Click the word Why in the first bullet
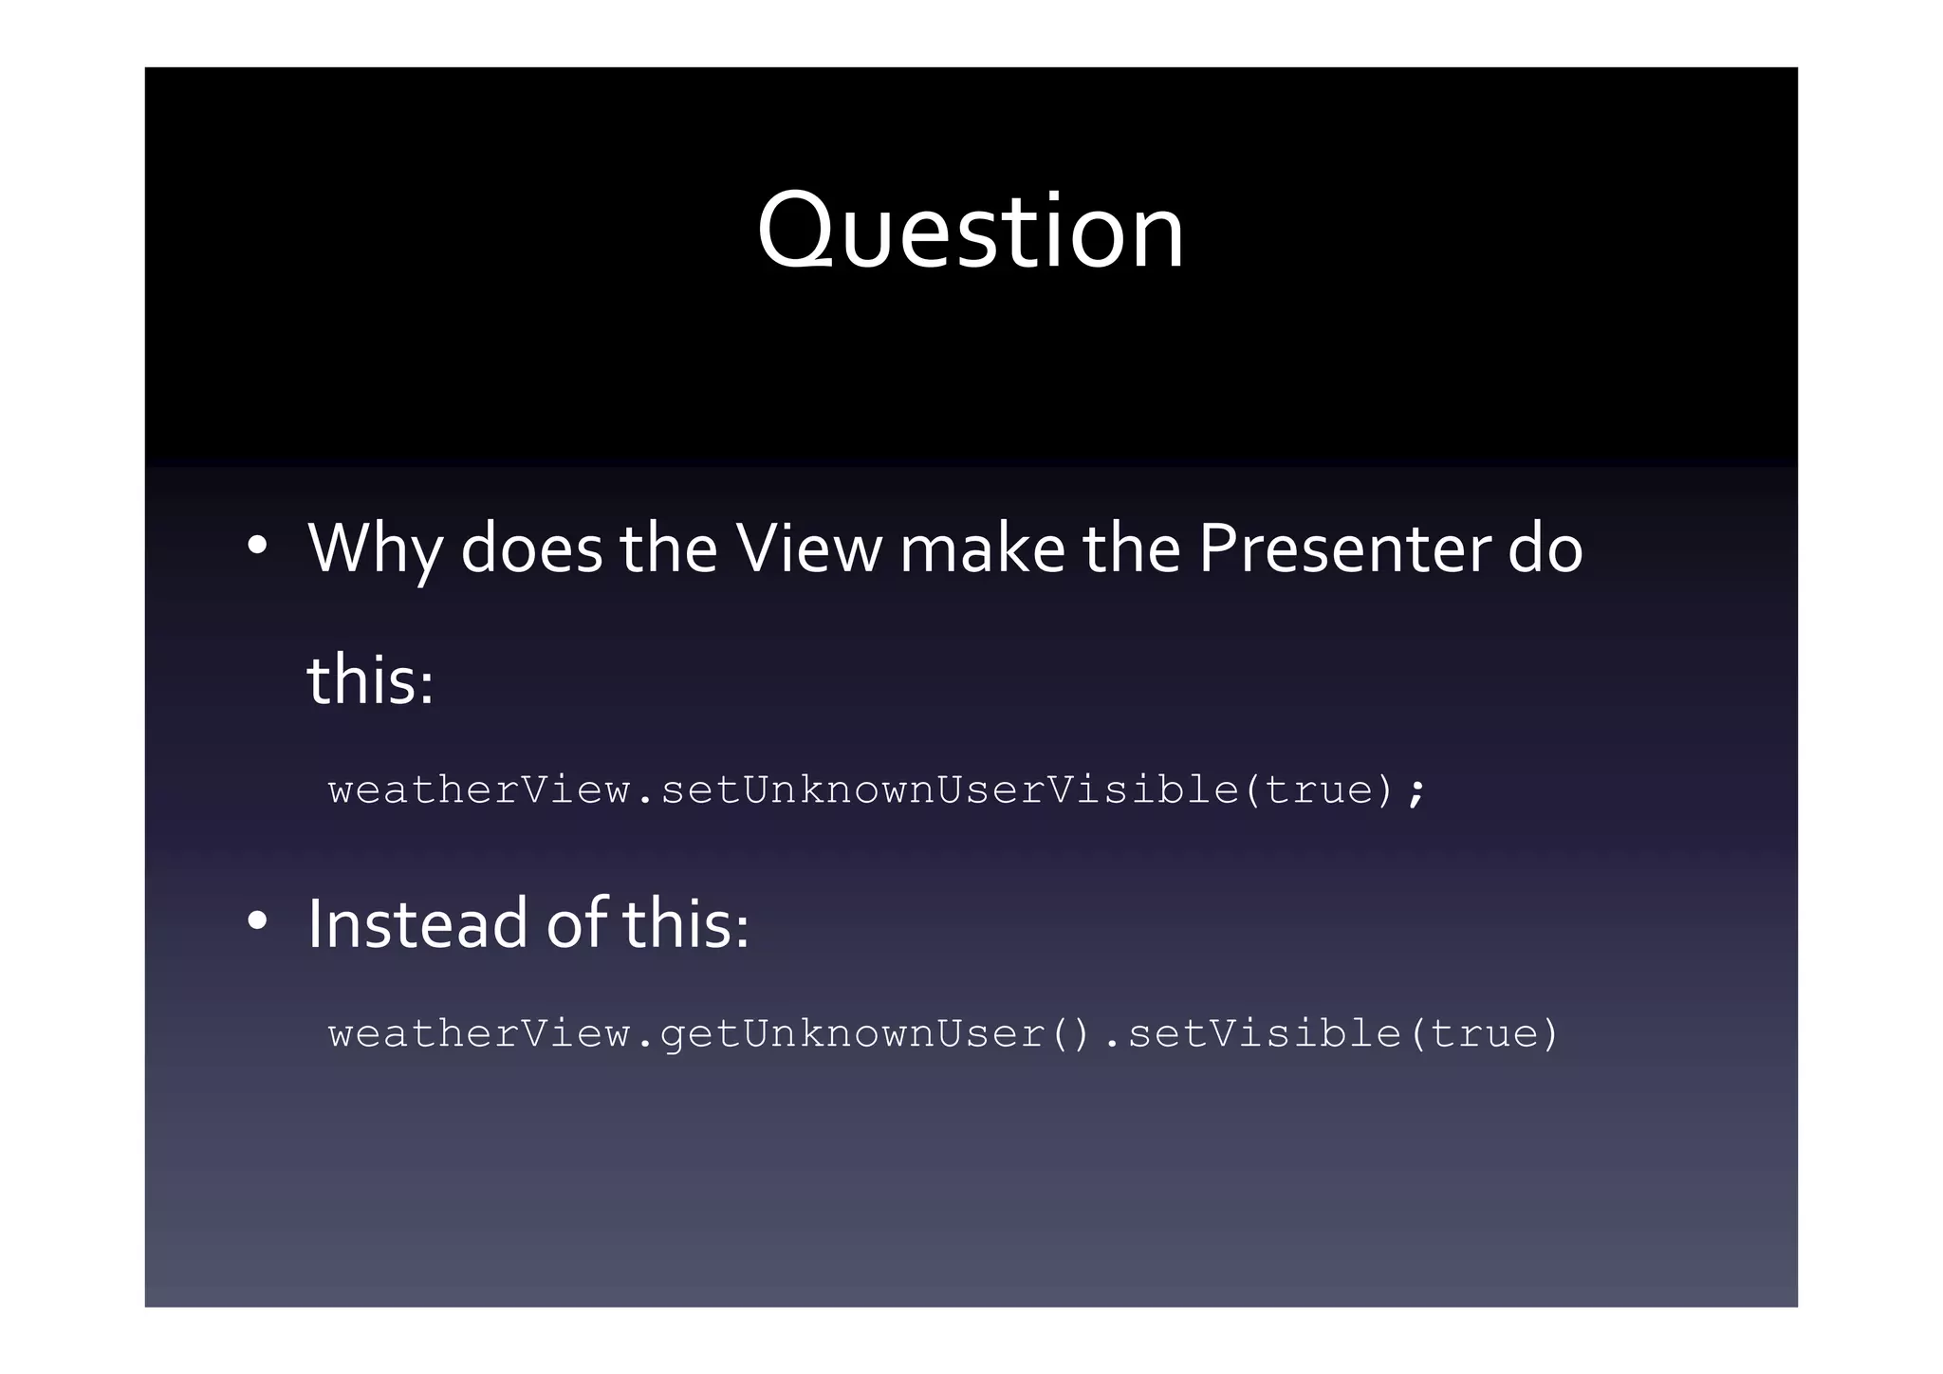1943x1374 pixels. coord(375,548)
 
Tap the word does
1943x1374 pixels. coord(530,548)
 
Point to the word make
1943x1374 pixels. coord(982,548)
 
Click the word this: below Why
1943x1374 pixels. coord(370,680)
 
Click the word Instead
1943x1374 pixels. coord(418,923)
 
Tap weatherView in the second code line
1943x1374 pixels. coord(479,1033)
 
